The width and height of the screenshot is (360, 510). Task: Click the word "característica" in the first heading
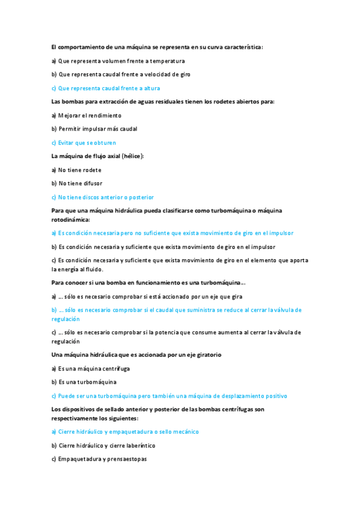pyautogui.click(x=243, y=46)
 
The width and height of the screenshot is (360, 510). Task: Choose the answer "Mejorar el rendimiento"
pyautogui.click(x=90, y=115)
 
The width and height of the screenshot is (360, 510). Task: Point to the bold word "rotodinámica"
pyautogui.click(x=70, y=220)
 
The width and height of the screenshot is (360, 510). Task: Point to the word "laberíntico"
pyautogui.click(x=138, y=446)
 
